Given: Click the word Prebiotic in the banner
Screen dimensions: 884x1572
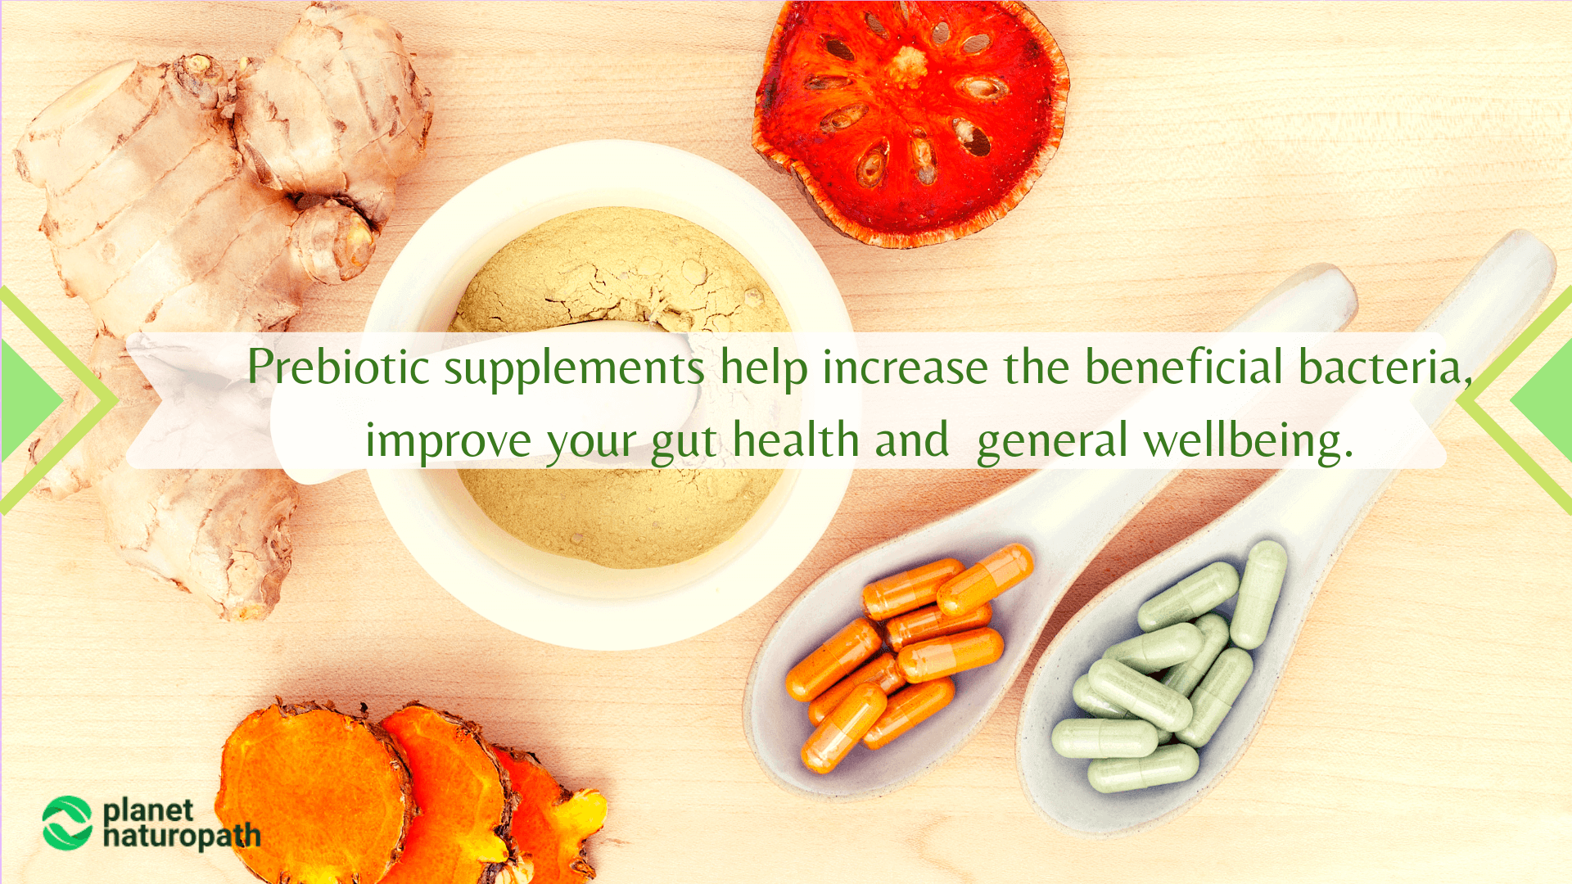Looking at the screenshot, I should pos(338,368).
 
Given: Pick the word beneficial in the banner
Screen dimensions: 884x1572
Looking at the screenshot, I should pos(1184,367).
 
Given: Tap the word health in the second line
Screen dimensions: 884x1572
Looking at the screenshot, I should pos(795,440).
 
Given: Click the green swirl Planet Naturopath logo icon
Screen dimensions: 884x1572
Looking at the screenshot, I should pos(67,823).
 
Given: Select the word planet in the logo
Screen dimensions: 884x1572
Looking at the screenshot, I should pos(148,810).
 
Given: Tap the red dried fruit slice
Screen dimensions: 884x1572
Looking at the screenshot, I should pos(909,123).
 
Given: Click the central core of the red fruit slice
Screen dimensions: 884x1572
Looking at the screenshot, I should pos(907,61).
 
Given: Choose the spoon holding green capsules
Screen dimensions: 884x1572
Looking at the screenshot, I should pos(1163,704).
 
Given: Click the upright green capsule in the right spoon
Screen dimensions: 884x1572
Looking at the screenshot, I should pos(1259,594).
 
